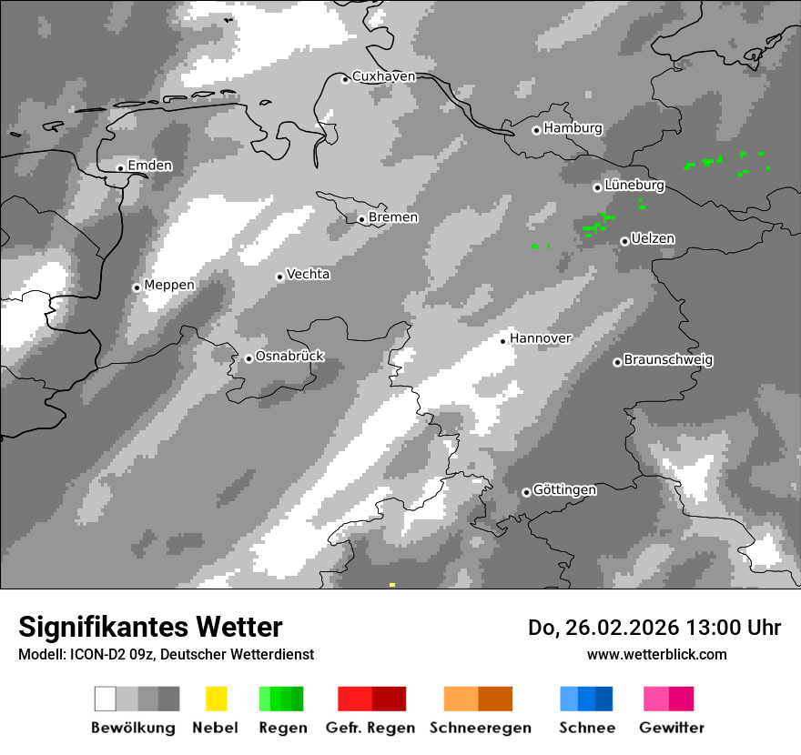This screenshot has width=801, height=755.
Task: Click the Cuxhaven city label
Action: click(x=383, y=76)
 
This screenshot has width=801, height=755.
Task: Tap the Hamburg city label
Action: click(x=573, y=128)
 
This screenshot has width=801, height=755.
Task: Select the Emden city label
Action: click(x=149, y=166)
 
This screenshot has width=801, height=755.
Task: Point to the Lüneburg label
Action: click(x=634, y=186)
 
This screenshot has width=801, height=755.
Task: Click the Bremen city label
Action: click(x=393, y=217)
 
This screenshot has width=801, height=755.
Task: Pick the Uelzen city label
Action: click(x=653, y=238)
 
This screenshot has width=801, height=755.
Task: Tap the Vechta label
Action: click(x=308, y=274)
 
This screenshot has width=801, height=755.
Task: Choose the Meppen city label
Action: click(x=169, y=285)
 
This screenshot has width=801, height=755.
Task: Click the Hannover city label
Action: click(x=540, y=338)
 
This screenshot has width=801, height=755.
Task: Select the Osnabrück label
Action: click(x=289, y=357)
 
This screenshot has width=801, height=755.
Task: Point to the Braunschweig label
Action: click(x=668, y=359)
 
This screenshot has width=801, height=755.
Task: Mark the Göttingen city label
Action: click(x=564, y=490)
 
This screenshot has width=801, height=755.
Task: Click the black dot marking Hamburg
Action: click(x=536, y=130)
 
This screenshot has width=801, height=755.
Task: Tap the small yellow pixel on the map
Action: click(x=391, y=585)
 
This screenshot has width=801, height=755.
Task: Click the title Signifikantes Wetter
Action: click(x=150, y=627)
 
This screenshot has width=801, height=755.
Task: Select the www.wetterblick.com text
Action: click(x=656, y=654)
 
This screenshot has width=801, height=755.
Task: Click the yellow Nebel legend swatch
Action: click(x=216, y=699)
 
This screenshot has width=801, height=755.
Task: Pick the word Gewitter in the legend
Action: click(x=671, y=728)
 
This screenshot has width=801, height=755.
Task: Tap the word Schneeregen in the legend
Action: click(x=481, y=728)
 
